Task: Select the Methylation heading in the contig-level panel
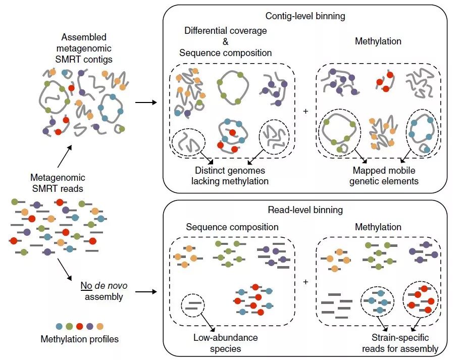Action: tap(378, 41)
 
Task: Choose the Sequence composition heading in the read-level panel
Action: tap(232, 227)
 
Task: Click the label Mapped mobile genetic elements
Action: tap(384, 176)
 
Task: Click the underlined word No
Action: tap(86, 286)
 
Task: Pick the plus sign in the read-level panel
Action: tap(305, 281)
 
